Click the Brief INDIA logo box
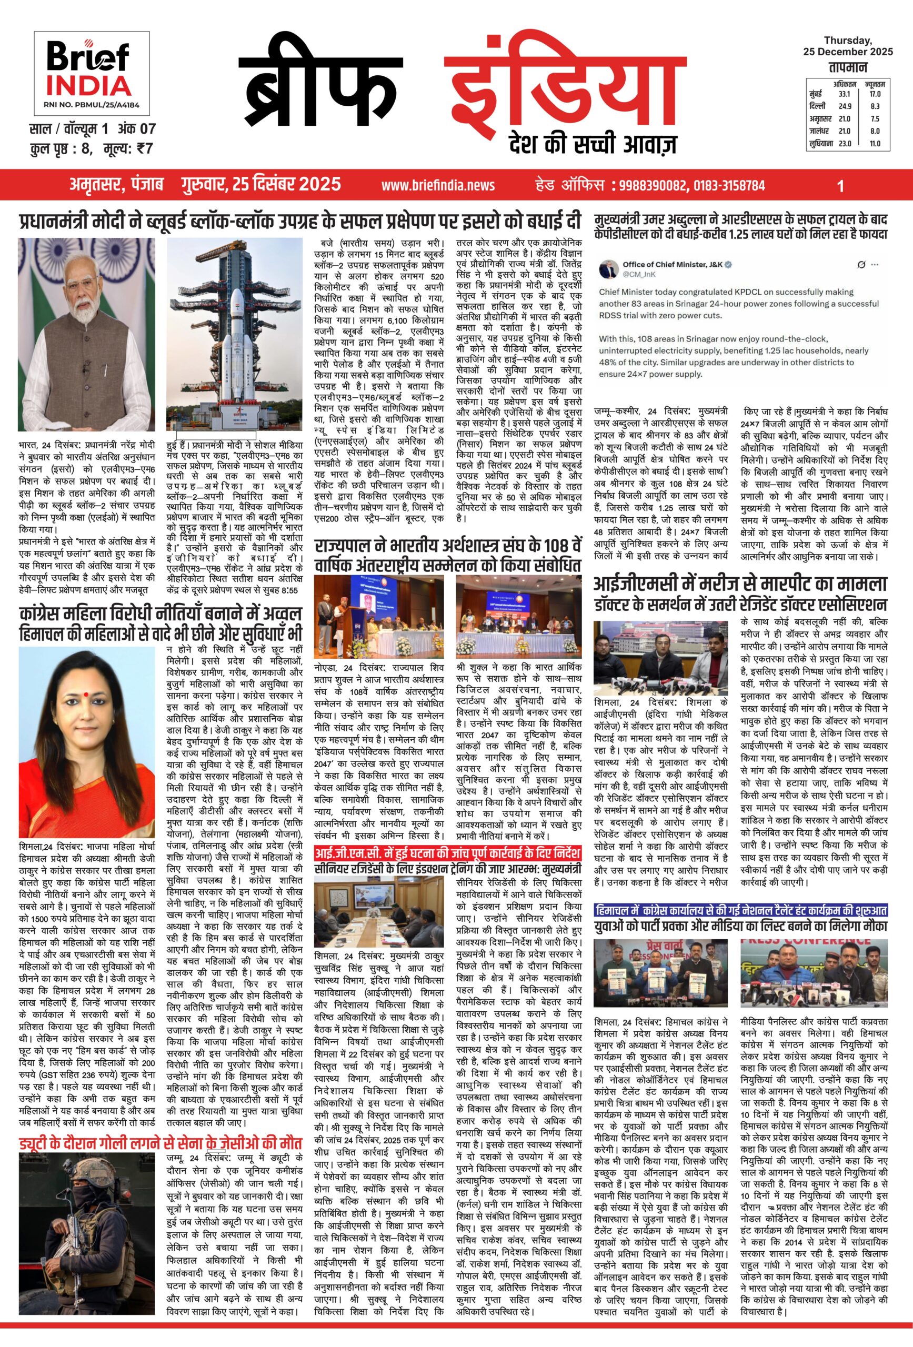click(91, 74)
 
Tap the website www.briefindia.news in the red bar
click(438, 185)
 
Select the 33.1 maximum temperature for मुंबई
click(844, 94)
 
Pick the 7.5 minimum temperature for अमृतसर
click(875, 119)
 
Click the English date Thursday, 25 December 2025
click(848, 46)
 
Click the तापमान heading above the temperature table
click(848, 68)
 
